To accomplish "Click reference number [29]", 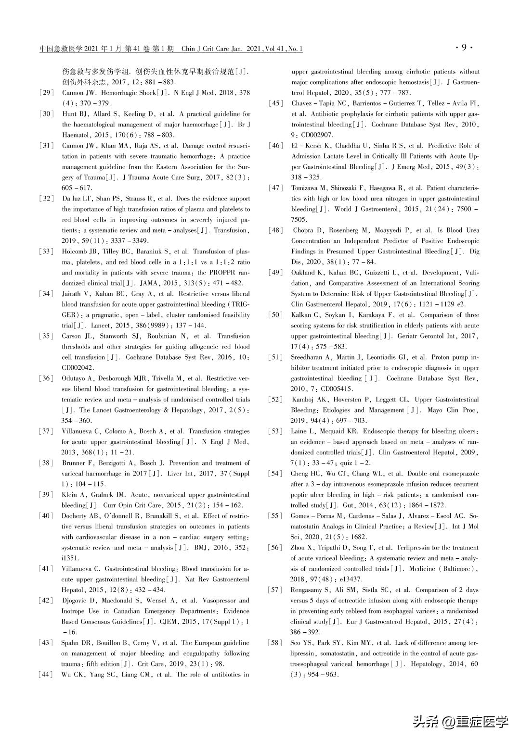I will (46, 93).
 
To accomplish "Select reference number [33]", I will (46, 251).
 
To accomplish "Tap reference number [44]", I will (46, 675).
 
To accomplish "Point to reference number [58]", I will (275, 643).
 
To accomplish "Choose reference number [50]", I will (275, 315).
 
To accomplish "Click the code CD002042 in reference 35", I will (79, 368).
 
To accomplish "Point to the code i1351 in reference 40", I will (70, 558).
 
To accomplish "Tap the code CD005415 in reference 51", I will (335, 389).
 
